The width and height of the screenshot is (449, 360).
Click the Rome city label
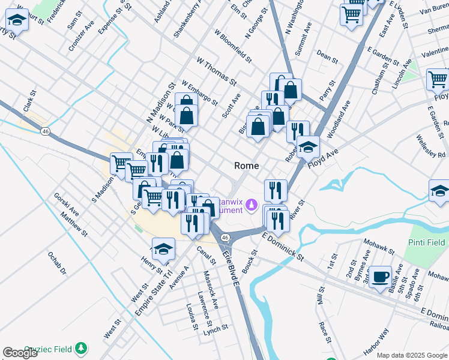click(x=246, y=166)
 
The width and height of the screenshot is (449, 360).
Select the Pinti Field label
click(x=424, y=242)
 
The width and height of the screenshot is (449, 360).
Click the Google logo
click(x=20, y=353)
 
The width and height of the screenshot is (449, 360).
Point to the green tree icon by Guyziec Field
click(x=82, y=348)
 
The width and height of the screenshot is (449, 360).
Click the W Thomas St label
click(x=217, y=70)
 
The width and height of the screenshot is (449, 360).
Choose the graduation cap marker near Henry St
click(x=163, y=248)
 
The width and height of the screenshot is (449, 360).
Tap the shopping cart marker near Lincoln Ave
click(x=438, y=79)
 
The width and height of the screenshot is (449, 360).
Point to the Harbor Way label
click(x=376, y=343)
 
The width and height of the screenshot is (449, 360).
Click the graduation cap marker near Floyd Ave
click(x=308, y=146)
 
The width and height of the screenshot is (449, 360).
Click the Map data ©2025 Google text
click(x=412, y=355)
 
